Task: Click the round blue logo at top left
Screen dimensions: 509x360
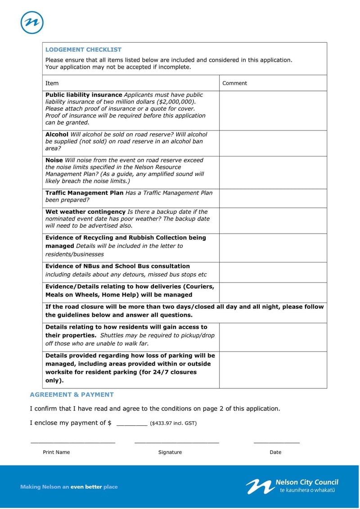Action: (x=32, y=22)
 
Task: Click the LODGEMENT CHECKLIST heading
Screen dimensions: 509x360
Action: (x=83, y=50)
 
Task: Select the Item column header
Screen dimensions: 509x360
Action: (x=52, y=83)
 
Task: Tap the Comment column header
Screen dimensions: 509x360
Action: (x=234, y=83)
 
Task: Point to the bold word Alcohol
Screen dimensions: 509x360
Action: (x=57, y=134)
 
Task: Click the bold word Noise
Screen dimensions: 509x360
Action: (x=54, y=160)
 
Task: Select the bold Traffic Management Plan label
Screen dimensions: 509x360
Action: (x=84, y=193)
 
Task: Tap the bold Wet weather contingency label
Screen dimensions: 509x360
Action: (x=85, y=212)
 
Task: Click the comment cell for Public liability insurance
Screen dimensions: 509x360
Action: (x=273, y=111)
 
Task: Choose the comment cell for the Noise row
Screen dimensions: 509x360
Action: (x=273, y=172)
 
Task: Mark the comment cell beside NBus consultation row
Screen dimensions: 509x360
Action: (x=273, y=272)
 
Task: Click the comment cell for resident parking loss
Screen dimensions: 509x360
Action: (x=273, y=370)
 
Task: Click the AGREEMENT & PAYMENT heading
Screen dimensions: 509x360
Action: (x=72, y=395)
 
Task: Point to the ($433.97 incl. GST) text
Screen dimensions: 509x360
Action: (x=173, y=423)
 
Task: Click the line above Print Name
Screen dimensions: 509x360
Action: (x=72, y=443)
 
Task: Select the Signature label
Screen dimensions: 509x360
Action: (x=170, y=452)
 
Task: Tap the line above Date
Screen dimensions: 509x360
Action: (x=276, y=443)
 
